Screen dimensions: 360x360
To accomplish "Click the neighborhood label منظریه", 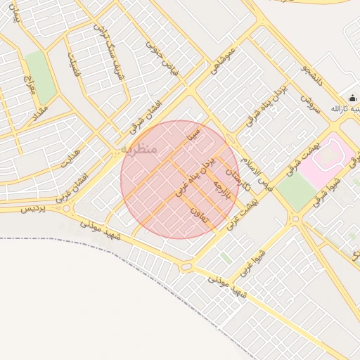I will point(139,149).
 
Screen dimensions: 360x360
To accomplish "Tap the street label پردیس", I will point(32,208).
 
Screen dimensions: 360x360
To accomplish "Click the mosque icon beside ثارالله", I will point(352,97).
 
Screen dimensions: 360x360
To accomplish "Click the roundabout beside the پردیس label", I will point(67,208).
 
